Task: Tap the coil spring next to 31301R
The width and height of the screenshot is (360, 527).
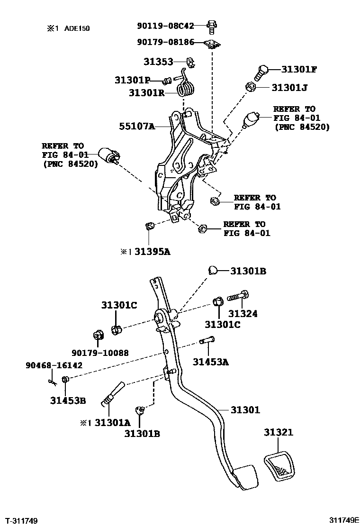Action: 188,88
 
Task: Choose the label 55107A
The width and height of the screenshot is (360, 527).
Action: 137,127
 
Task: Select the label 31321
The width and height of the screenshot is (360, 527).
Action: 279,432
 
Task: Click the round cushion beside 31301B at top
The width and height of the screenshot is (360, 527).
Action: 213,271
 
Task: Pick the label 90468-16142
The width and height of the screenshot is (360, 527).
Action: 54,365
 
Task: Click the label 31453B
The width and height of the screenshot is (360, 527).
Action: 68,400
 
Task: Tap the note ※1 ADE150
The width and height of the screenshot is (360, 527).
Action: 68,28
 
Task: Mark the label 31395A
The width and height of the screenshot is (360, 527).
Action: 152,252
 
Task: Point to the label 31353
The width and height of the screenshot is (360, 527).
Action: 158,62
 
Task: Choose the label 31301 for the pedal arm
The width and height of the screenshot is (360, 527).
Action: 245,410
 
